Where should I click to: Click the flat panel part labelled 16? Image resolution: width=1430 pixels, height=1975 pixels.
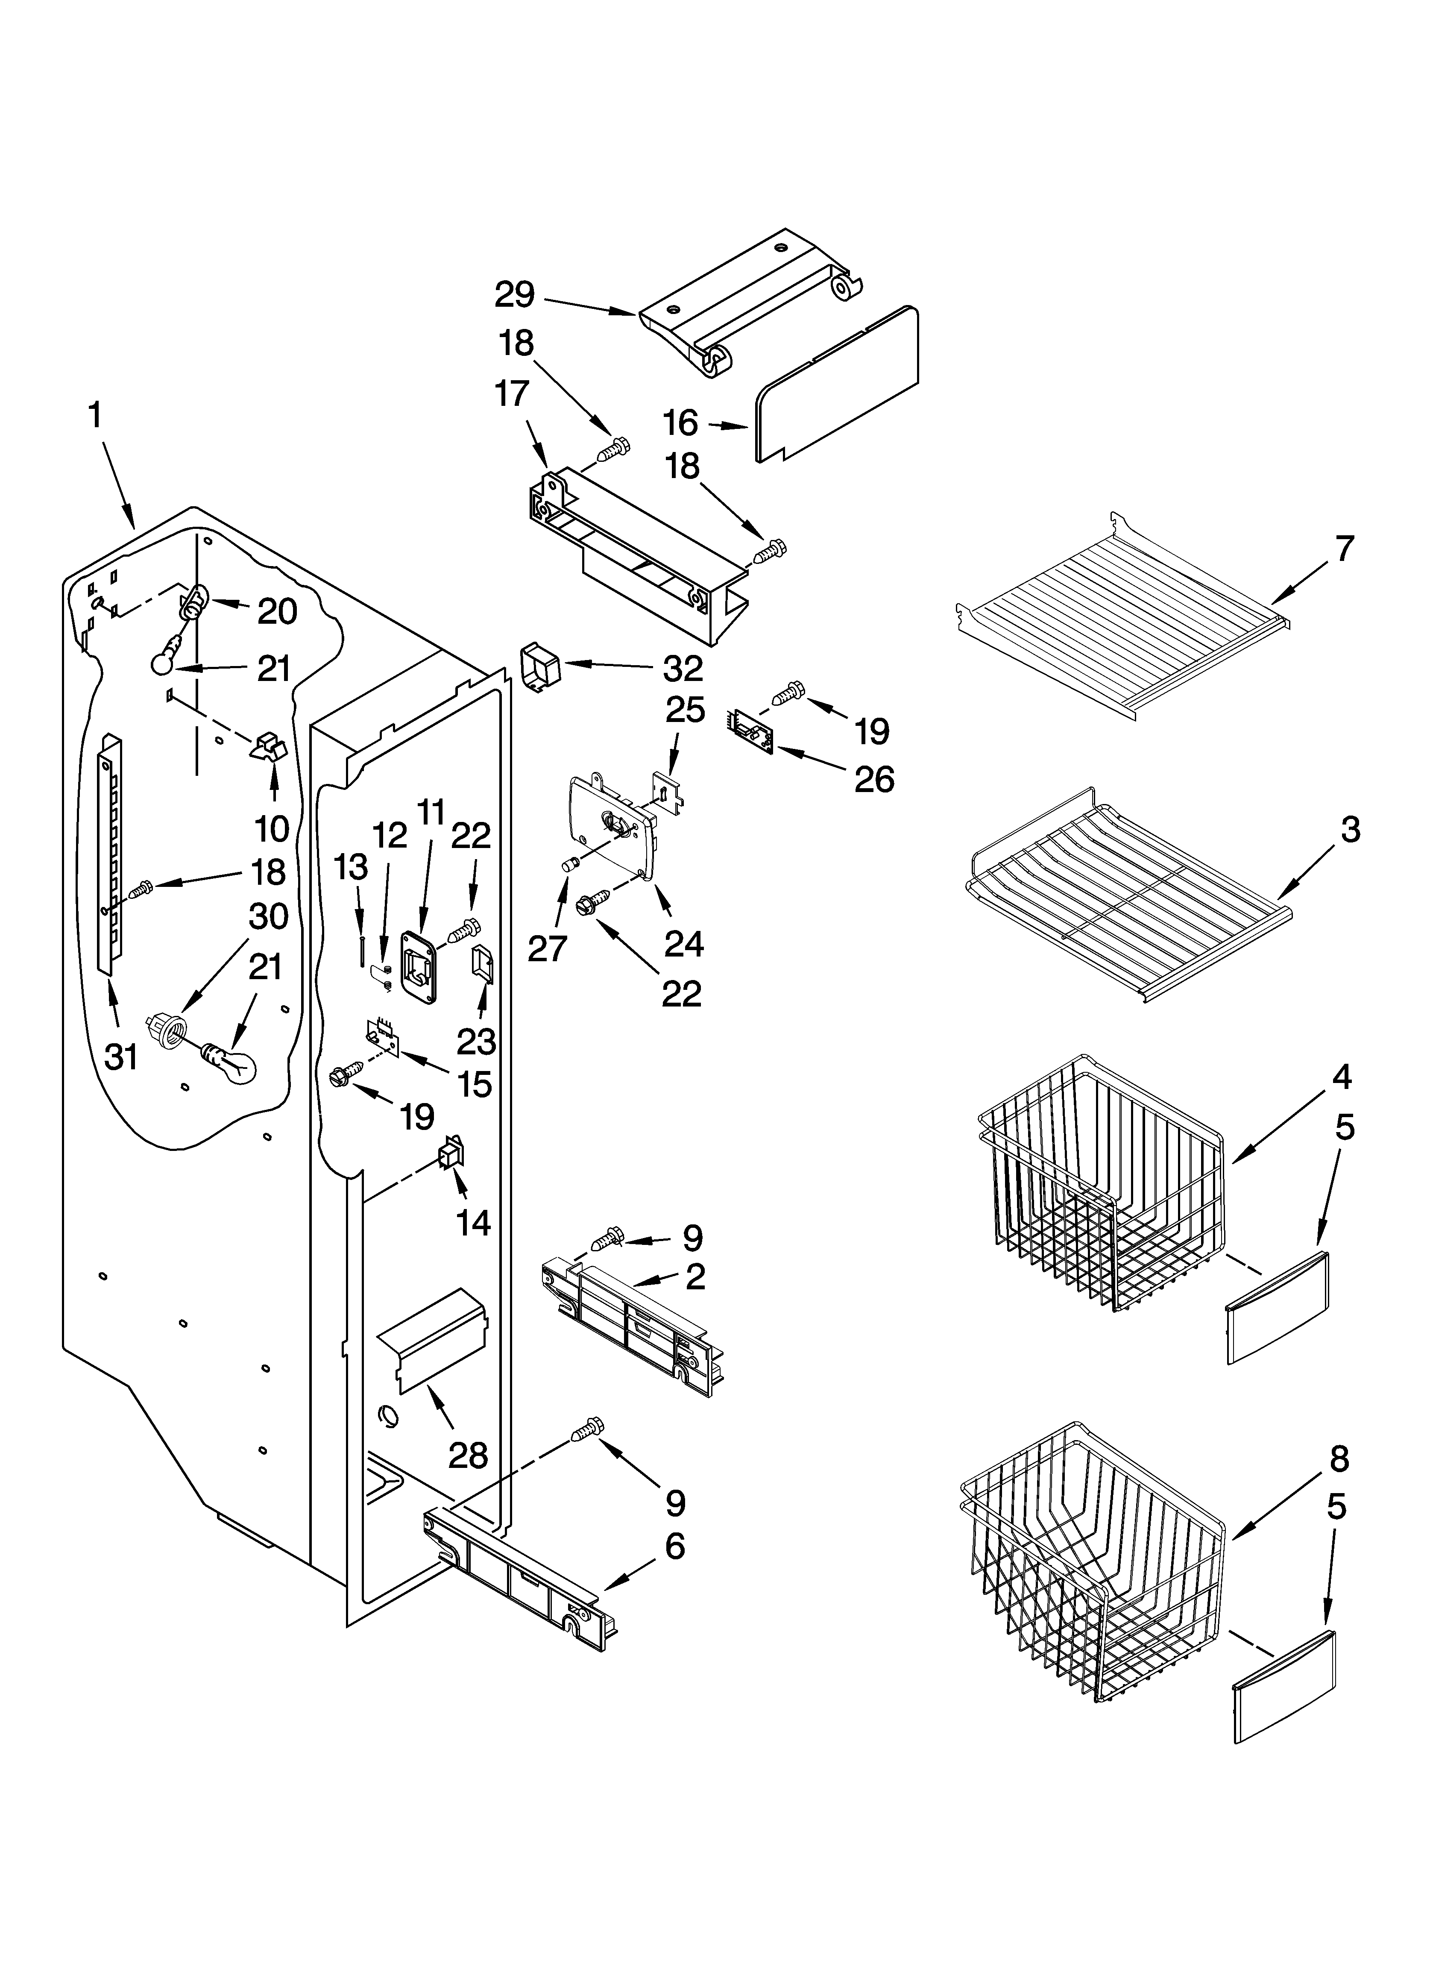tap(836, 383)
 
